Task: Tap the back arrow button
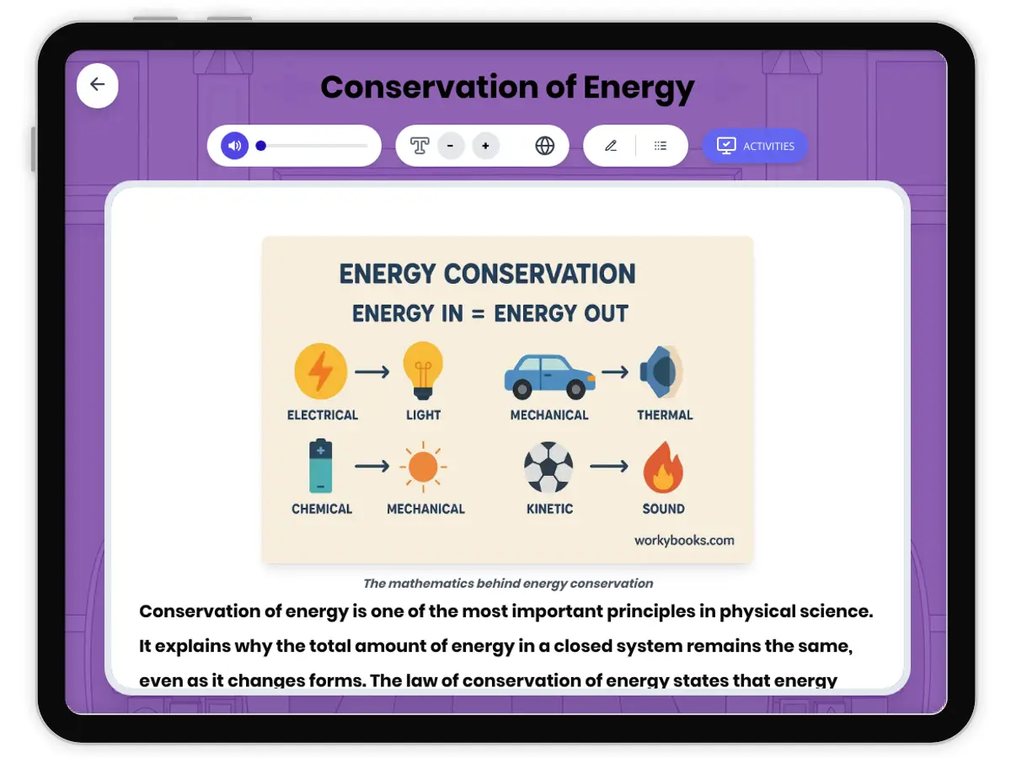click(x=98, y=85)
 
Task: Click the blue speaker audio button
click(x=234, y=146)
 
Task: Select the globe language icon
click(x=545, y=146)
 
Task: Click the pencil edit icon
click(x=611, y=146)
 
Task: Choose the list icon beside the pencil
click(x=661, y=146)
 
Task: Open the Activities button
click(x=755, y=146)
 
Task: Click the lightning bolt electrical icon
click(x=320, y=371)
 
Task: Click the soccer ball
click(x=548, y=467)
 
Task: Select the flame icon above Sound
click(x=663, y=467)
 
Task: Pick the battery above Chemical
click(x=321, y=466)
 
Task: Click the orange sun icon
click(x=423, y=467)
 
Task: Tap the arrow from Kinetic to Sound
click(x=608, y=466)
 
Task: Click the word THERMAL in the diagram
click(x=665, y=415)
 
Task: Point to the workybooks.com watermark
click(x=684, y=541)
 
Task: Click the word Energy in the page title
click(x=639, y=88)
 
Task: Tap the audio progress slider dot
click(x=261, y=146)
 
